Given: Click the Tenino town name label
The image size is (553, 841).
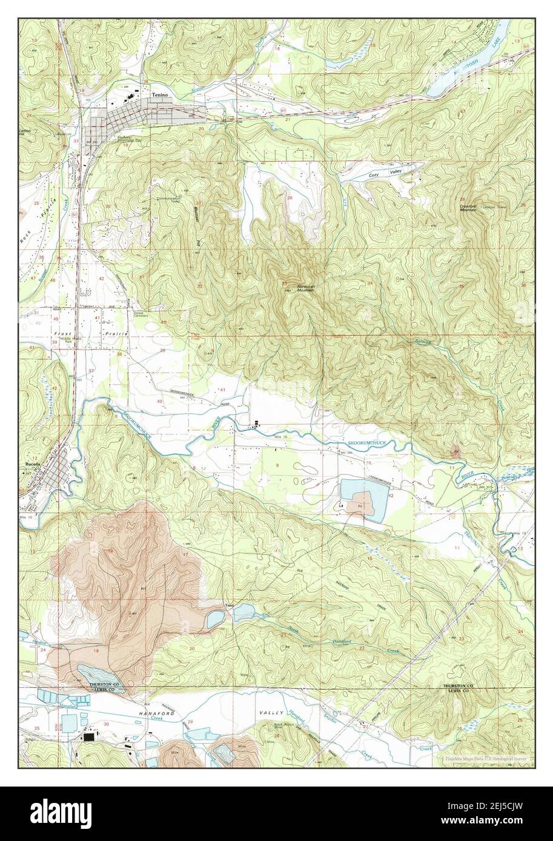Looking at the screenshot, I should (159, 95).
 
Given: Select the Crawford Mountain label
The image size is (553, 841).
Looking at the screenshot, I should (467, 206).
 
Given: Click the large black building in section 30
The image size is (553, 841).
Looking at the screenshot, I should (90, 737).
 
